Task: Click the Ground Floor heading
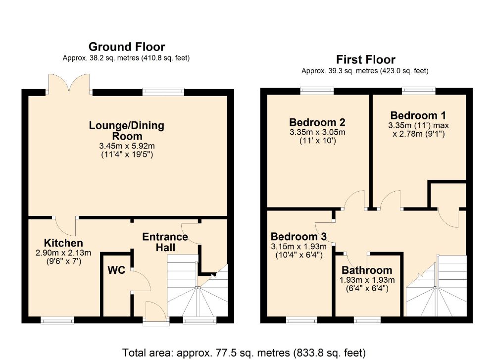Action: point(127,47)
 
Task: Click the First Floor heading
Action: point(366,59)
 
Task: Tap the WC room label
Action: point(116,270)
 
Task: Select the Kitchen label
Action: point(63,243)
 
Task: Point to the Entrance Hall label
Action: point(165,242)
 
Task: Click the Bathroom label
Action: point(367,270)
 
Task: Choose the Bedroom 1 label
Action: point(418,115)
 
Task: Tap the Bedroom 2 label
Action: point(317,122)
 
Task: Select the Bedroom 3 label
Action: point(298,237)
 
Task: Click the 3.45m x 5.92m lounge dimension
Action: point(127,146)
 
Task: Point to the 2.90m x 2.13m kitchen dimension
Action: point(63,253)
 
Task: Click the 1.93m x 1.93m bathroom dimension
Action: point(367,280)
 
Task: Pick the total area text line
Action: point(244,353)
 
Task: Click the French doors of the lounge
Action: point(69,84)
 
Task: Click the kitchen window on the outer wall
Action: point(57,320)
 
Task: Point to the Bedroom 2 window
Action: point(317,91)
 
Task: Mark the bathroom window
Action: point(367,320)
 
